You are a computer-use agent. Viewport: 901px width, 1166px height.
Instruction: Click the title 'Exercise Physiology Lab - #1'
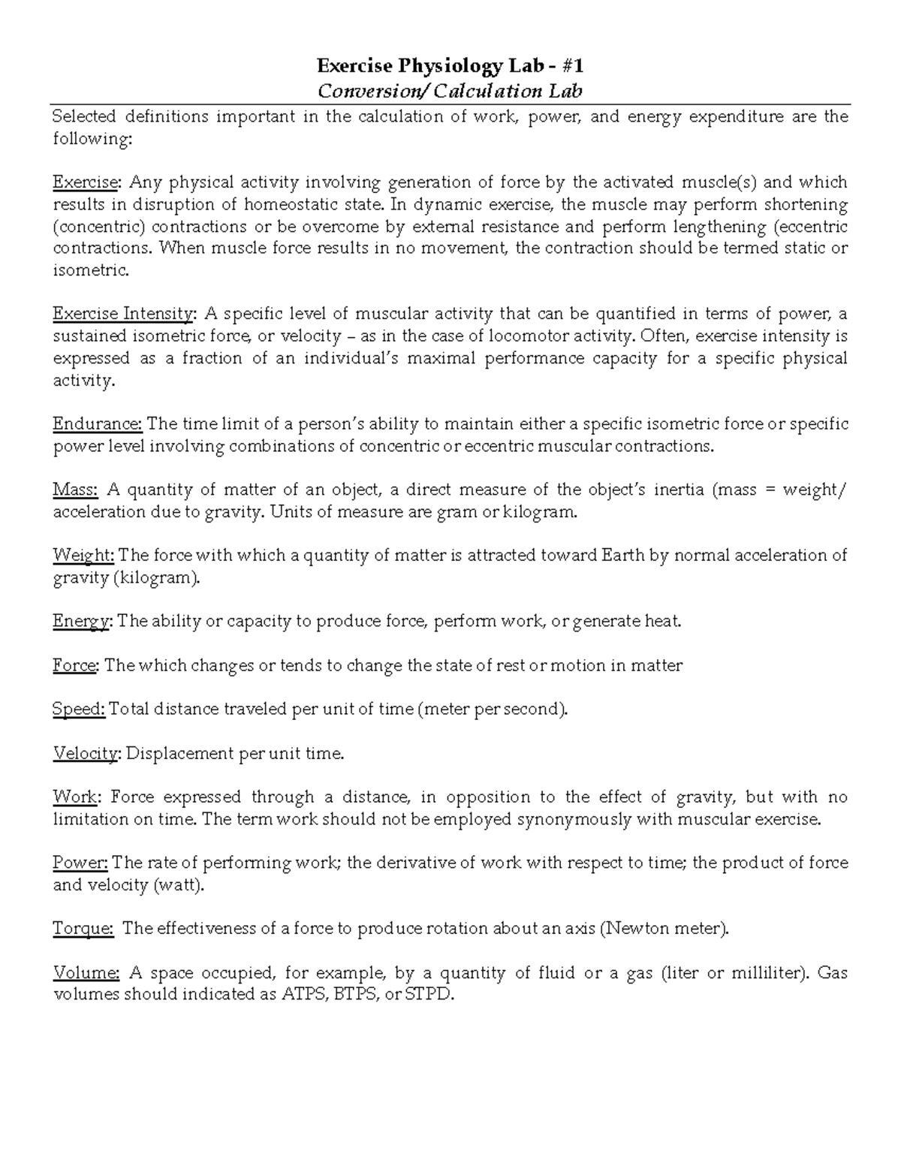click(450, 67)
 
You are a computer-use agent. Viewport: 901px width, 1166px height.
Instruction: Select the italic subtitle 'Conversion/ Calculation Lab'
click(450, 92)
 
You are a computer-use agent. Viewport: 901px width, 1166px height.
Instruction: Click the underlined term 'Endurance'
click(97, 424)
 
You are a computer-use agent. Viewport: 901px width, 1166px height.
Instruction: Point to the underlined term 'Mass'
click(75, 490)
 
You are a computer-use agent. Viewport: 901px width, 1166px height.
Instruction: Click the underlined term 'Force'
click(75, 666)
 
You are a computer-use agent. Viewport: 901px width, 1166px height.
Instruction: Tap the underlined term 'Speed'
click(79, 710)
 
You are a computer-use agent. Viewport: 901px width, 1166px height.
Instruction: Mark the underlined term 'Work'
click(75, 797)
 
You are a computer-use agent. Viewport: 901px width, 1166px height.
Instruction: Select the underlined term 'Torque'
click(83, 929)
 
